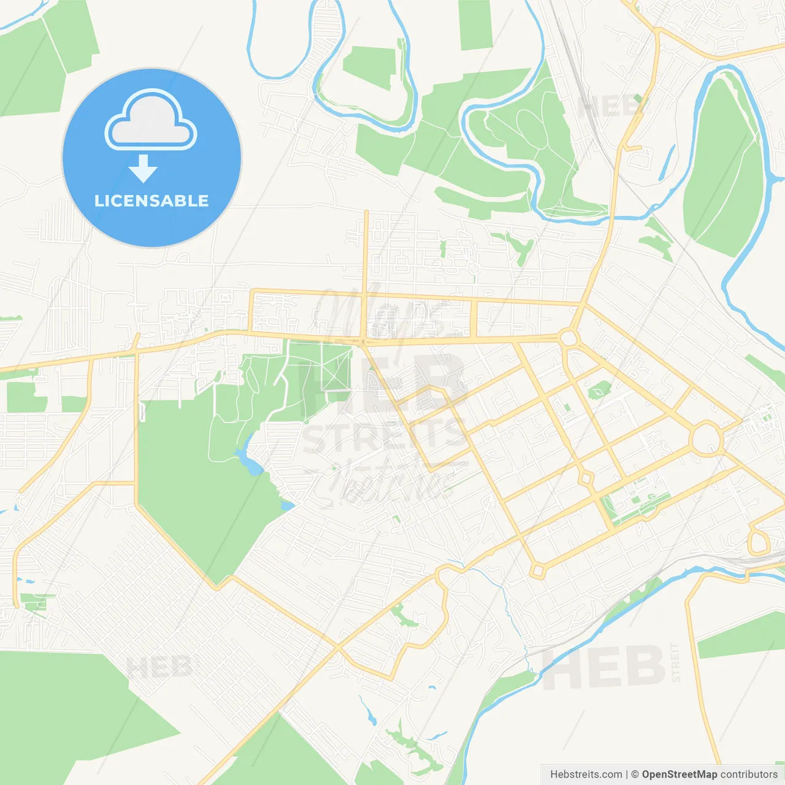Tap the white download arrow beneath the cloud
pyautogui.click(x=144, y=169)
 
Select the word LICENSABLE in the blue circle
pyautogui.click(x=151, y=201)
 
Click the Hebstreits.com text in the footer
pyautogui.click(x=586, y=774)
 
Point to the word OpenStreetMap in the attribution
pyautogui.click(x=679, y=774)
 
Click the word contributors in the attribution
pyautogui.click(x=749, y=774)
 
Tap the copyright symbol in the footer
pyautogui.click(x=635, y=774)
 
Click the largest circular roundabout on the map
pyautogui.click(x=706, y=438)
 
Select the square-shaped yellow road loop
pyautogui.click(x=538, y=571)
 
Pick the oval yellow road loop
pyautogui.click(x=759, y=543)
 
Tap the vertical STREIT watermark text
pyautogui.click(x=675, y=662)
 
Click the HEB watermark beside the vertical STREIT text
pyautogui.click(x=604, y=667)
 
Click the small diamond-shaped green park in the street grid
pyautogui.click(x=599, y=389)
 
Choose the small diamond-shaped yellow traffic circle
pyautogui.click(x=586, y=478)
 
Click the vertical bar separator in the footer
pyautogui.click(x=626, y=774)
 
